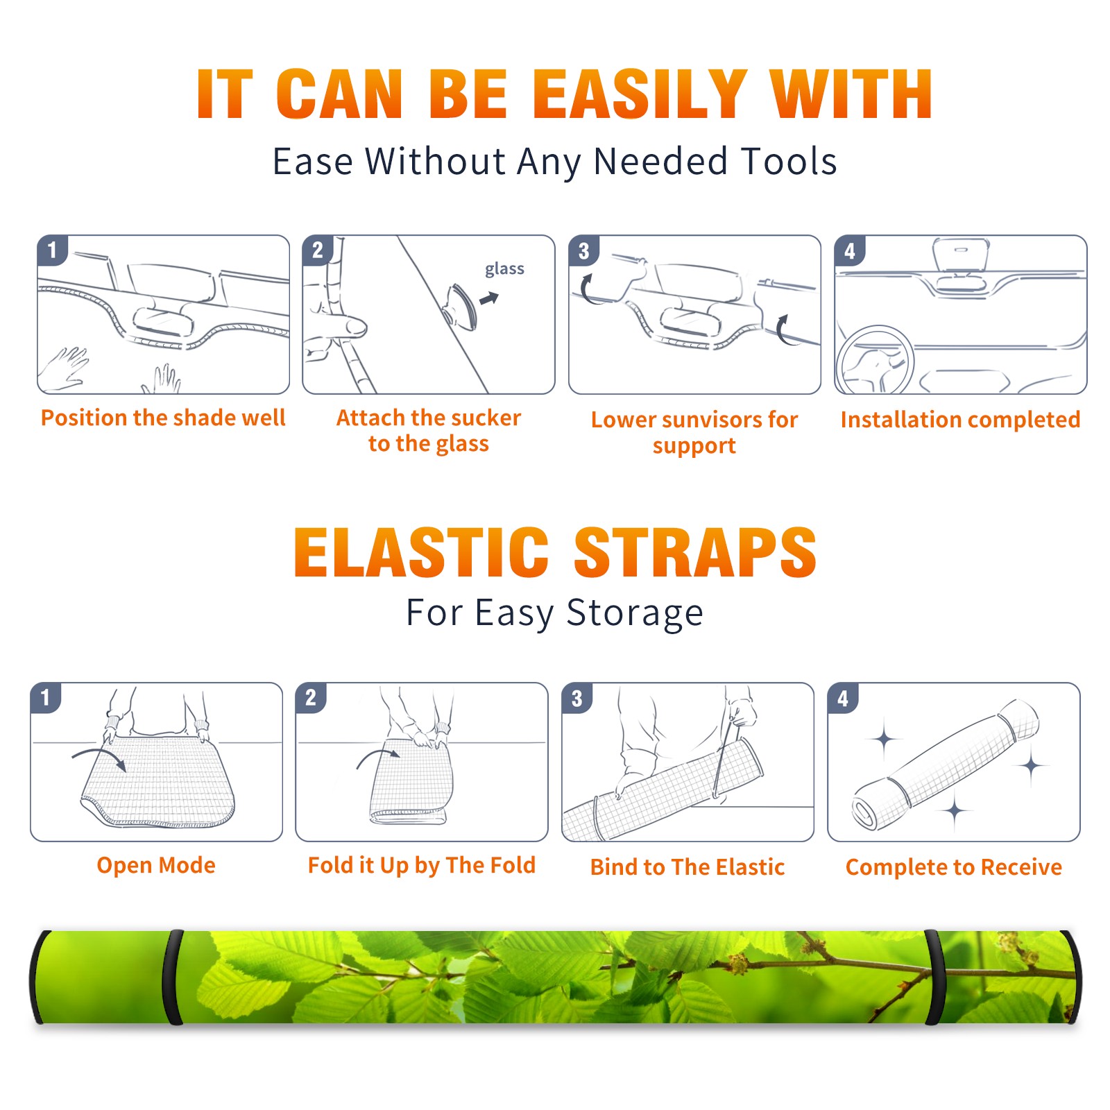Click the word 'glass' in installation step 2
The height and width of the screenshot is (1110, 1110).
point(504,269)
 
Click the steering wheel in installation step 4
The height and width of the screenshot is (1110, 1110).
point(876,359)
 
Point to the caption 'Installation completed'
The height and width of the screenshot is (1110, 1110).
point(960,420)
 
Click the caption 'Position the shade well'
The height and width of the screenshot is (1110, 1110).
point(163,418)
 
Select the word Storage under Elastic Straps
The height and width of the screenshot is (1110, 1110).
point(635,613)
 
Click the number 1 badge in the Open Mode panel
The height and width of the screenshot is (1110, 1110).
point(46,697)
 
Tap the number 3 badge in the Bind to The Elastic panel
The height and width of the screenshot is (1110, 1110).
point(577,698)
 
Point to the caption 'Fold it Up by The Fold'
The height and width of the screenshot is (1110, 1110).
point(422,866)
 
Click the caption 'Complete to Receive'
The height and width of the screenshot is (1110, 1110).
point(954,867)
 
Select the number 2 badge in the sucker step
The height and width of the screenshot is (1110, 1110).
point(318,250)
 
